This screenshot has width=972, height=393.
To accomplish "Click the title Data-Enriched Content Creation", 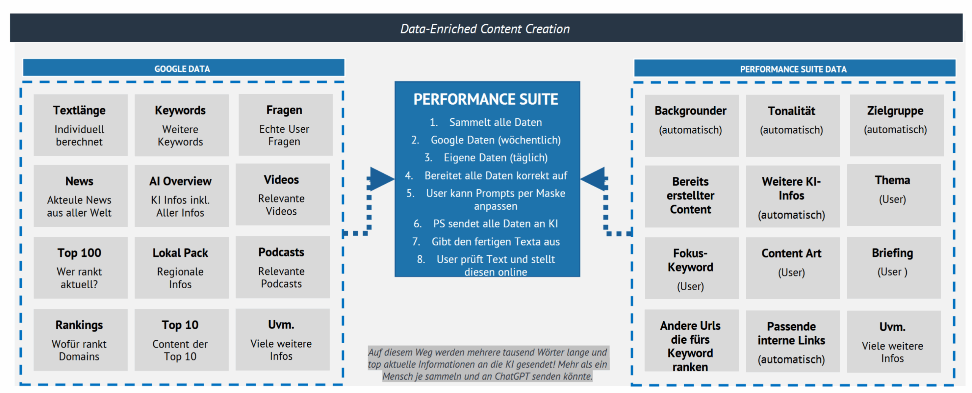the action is (x=485, y=29).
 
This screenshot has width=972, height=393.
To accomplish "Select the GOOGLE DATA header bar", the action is (x=183, y=68).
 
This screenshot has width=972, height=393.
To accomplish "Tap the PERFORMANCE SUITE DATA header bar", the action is (x=794, y=68).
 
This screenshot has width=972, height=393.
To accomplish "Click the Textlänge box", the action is (x=80, y=125).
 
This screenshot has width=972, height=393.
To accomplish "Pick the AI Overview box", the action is (x=181, y=196).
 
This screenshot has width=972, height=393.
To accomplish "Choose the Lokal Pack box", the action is (x=181, y=267).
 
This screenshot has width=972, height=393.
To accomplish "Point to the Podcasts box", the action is (x=282, y=267).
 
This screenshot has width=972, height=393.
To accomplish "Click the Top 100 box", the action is (x=80, y=267).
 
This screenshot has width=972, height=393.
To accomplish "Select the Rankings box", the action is (x=80, y=340).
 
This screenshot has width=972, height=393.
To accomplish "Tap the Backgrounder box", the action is (x=691, y=126).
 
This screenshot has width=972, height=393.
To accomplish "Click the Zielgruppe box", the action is (x=896, y=125).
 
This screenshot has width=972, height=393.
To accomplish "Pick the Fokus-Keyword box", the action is (x=691, y=268).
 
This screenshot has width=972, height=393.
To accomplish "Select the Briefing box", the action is (x=893, y=268).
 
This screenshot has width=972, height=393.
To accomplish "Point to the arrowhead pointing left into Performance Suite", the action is (x=593, y=179).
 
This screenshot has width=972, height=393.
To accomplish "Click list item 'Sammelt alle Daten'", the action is (x=486, y=122).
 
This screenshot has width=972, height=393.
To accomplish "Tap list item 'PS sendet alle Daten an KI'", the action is (x=486, y=224).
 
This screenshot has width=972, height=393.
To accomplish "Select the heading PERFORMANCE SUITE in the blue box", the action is (x=486, y=99).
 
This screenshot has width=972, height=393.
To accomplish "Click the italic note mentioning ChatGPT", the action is (x=488, y=364).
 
